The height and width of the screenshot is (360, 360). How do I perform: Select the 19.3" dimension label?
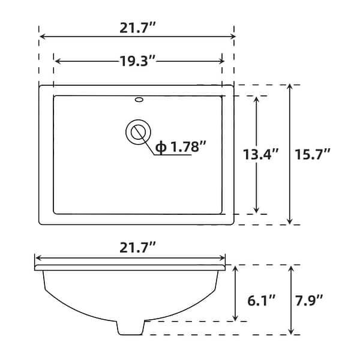pos(138,61)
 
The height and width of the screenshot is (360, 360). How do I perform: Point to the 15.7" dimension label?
pos(313,154)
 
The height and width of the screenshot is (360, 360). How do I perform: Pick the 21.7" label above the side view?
pos(130,246)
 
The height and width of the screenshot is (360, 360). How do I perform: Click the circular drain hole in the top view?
pos(138,131)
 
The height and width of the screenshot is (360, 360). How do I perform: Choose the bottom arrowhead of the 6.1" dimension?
pos(235,318)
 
